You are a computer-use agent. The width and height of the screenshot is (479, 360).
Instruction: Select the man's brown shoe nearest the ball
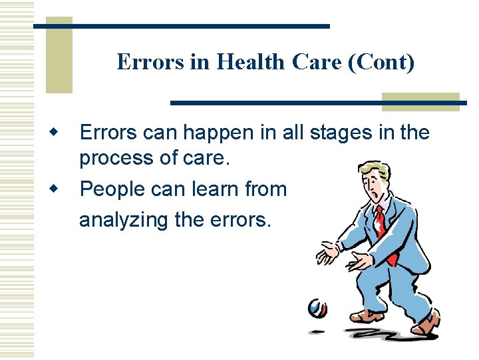coord(365,316)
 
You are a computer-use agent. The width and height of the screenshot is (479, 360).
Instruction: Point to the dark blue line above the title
coord(180,26)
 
